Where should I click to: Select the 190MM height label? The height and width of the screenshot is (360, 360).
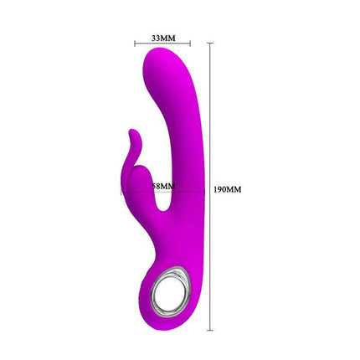[227, 189]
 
